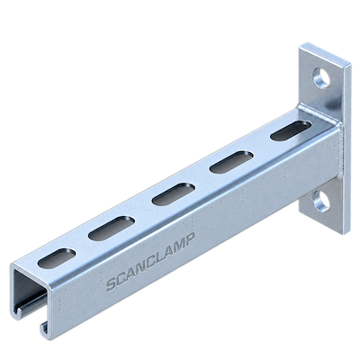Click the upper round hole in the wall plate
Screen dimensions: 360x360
coord(321,78)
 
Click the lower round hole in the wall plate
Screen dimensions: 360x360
coord(321,201)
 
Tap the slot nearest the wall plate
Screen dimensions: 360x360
coord(290,130)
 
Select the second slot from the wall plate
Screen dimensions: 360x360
coord(231,162)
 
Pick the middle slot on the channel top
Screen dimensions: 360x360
coord(174,194)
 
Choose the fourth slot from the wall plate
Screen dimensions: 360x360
coord(111,228)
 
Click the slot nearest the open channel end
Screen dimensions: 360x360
coord(57,258)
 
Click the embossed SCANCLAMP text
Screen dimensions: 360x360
coord(151,261)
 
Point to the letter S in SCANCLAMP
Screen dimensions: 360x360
coord(112,285)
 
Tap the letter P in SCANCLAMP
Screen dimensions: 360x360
coord(190,238)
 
